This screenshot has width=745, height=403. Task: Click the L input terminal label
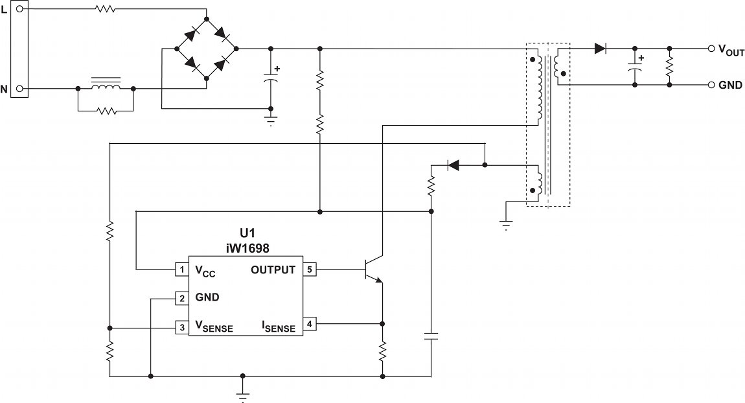[5, 10]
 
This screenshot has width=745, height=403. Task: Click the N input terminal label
[5, 89]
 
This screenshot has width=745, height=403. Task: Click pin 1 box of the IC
[181, 269]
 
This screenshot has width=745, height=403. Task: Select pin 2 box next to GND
[181, 298]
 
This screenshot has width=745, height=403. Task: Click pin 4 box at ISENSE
[310, 323]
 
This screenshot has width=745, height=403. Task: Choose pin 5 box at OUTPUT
[310, 269]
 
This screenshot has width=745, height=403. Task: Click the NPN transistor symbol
[371, 269]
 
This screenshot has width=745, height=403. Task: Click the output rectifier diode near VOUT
[600, 49]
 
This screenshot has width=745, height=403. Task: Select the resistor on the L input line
[104, 9]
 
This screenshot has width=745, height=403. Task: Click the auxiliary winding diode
[453, 165]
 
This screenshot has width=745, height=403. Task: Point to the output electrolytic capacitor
[635, 67]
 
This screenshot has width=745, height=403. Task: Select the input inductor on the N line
[105, 86]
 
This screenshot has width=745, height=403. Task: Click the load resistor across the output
[669, 66]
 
